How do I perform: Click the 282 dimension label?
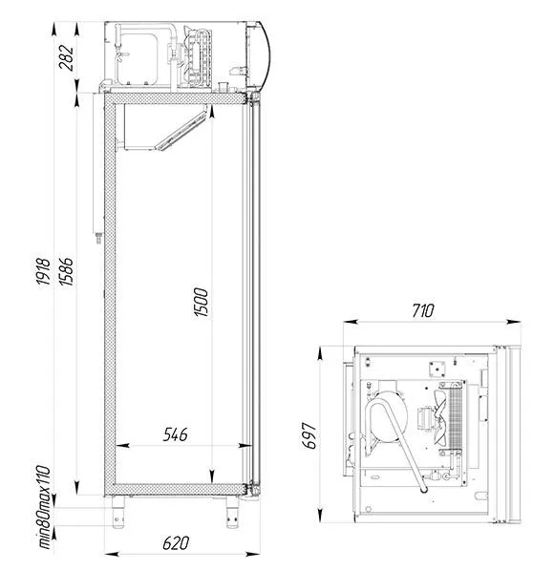[x=66, y=57]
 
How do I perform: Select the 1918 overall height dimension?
[x=43, y=271]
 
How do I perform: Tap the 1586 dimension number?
[x=66, y=271]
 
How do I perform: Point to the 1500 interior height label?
[x=201, y=303]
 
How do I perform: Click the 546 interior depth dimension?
[x=175, y=434]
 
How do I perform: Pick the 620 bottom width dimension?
[x=176, y=543]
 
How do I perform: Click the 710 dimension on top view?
[x=423, y=310]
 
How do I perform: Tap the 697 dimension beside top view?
[x=309, y=435]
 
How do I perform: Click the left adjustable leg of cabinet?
[x=118, y=512]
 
